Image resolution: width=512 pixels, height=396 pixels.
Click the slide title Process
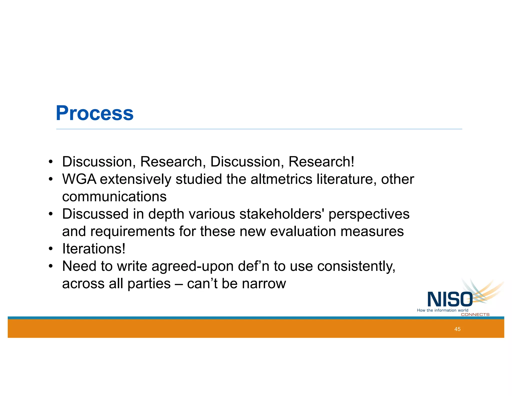point(94,113)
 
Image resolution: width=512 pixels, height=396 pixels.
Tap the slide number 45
point(457,329)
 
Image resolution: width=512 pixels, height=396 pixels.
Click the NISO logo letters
point(450,299)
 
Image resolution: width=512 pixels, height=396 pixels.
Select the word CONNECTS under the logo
point(475,315)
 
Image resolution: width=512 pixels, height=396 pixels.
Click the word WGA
point(79,179)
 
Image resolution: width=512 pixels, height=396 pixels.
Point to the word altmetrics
point(281,179)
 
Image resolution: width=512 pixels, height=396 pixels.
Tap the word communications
point(114,197)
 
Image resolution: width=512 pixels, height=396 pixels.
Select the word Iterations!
point(93,249)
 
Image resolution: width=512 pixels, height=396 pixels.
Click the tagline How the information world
point(442,310)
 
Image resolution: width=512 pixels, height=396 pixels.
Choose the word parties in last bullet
point(149,284)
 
